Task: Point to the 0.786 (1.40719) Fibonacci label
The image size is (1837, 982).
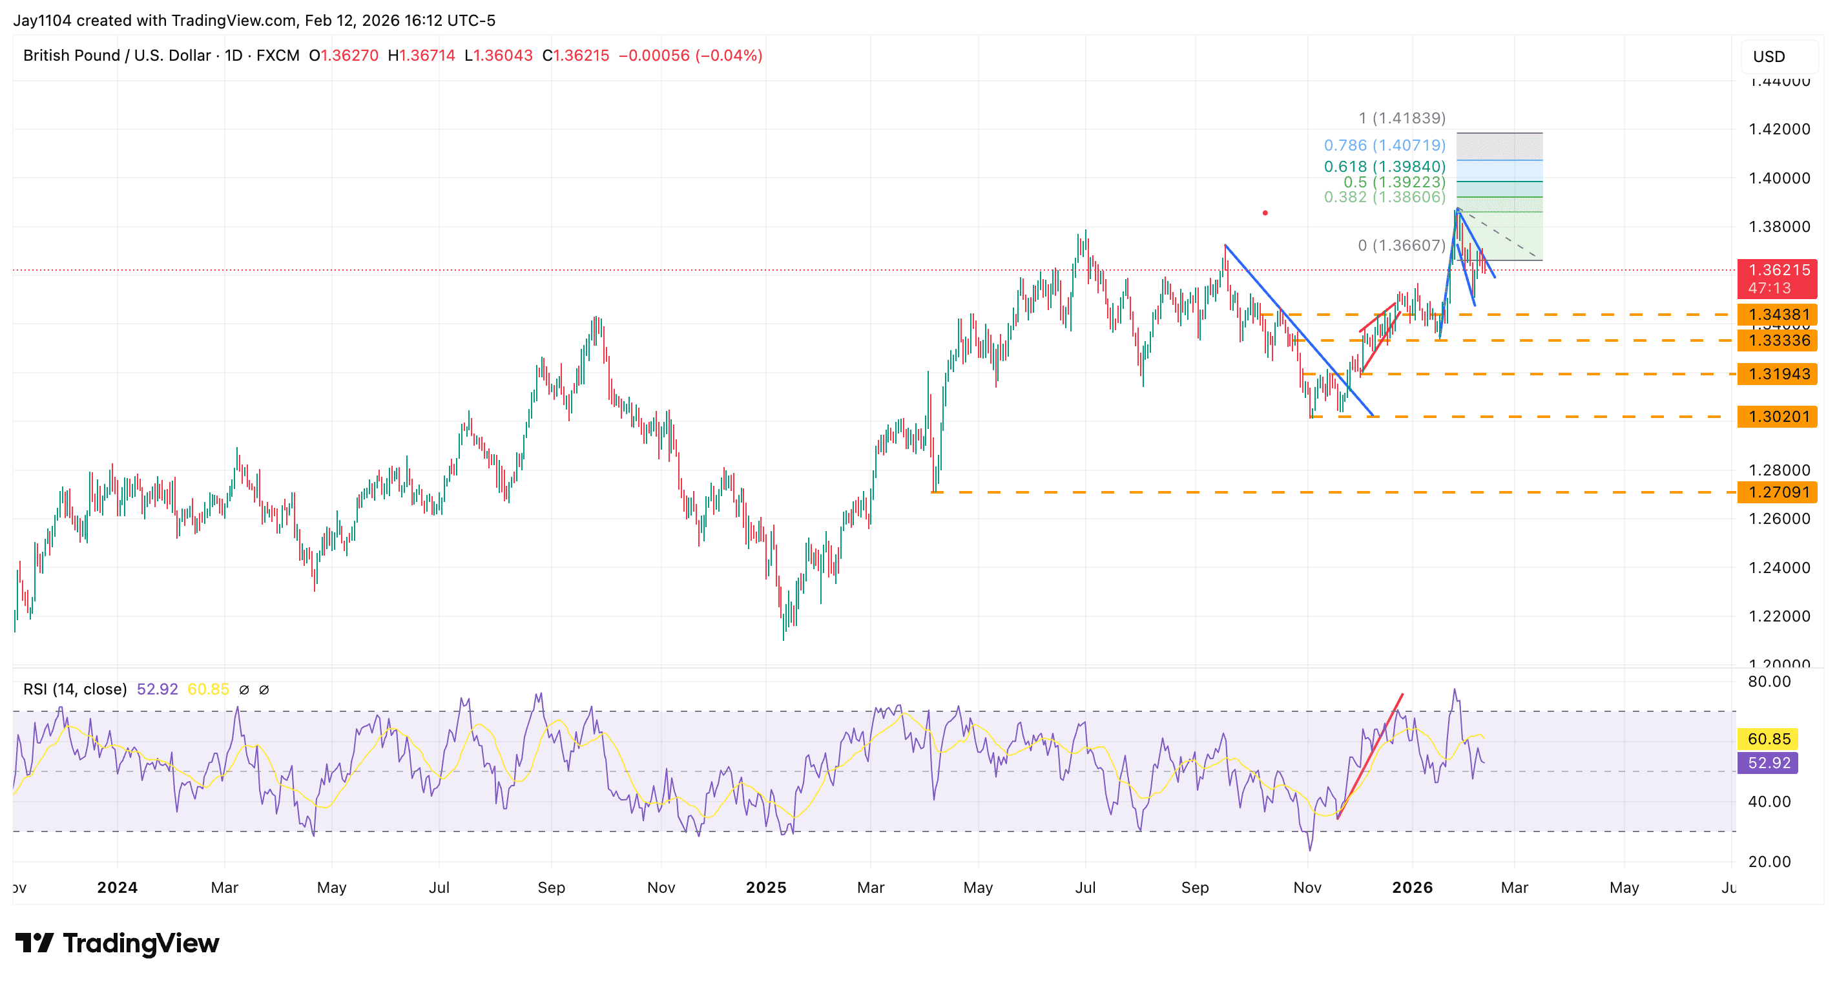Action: pyautogui.click(x=1384, y=145)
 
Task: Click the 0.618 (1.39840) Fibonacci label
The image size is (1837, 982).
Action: pyautogui.click(x=1384, y=166)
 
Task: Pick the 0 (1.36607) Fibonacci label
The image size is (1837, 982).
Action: pyautogui.click(x=1401, y=245)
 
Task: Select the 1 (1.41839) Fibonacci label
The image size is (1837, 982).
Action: pyautogui.click(x=1401, y=118)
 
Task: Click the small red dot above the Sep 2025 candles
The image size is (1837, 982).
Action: pyautogui.click(x=1265, y=213)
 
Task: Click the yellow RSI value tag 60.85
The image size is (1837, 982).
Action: pyautogui.click(x=1769, y=739)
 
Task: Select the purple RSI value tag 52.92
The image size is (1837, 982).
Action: pyautogui.click(x=1769, y=763)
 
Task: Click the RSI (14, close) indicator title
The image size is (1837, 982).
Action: pyautogui.click(x=75, y=689)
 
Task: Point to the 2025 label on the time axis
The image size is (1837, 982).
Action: pyautogui.click(x=765, y=887)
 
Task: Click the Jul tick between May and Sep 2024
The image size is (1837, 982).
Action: pyautogui.click(x=439, y=887)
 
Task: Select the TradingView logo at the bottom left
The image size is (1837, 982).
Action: pyautogui.click(x=117, y=943)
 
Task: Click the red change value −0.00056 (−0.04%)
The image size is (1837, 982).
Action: pyautogui.click(x=690, y=56)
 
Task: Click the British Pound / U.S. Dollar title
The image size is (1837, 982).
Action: pyautogui.click(x=117, y=56)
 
